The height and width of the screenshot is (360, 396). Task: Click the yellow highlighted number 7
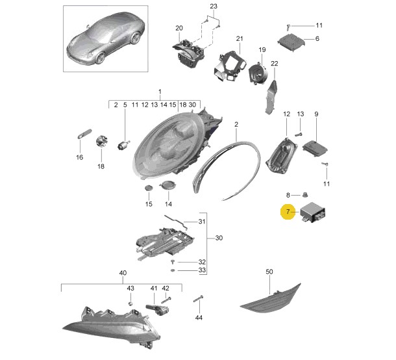click(288, 212)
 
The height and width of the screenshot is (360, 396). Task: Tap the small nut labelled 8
click(305, 195)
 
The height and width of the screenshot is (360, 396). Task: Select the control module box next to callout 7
click(313, 212)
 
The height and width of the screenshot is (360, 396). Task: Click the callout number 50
click(269, 272)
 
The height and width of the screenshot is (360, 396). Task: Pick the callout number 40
click(123, 273)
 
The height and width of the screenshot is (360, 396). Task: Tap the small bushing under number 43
click(131, 303)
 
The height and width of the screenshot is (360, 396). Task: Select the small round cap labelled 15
click(149, 188)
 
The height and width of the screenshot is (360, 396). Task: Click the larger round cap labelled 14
click(168, 185)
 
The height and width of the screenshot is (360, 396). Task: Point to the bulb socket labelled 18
click(102, 141)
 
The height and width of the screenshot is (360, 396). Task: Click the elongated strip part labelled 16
click(84, 134)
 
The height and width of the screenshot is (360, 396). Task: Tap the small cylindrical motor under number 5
click(124, 145)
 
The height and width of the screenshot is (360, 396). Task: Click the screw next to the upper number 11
click(289, 26)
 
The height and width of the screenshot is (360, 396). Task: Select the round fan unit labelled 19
click(258, 73)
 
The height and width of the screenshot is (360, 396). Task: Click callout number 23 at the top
click(214, 6)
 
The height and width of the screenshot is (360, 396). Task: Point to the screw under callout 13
click(299, 135)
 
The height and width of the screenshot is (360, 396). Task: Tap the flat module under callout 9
click(316, 149)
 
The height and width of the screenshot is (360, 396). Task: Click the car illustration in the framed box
click(106, 39)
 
